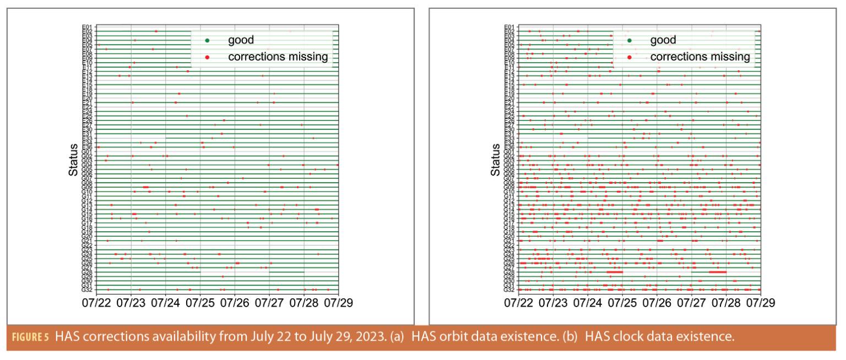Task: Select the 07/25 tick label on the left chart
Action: [200, 303]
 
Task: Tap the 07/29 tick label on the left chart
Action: [338, 303]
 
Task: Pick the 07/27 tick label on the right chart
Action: [691, 303]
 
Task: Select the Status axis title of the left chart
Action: [73, 160]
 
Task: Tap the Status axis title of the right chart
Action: [495, 160]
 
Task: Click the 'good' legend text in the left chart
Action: [240, 40]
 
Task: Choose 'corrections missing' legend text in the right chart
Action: [699, 57]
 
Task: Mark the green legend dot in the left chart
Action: [207, 40]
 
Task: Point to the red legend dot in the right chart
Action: [629, 57]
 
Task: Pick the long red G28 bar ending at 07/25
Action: [614, 272]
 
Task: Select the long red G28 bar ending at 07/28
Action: [718, 272]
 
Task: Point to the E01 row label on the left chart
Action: [87, 26]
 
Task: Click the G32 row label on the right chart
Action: [509, 290]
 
